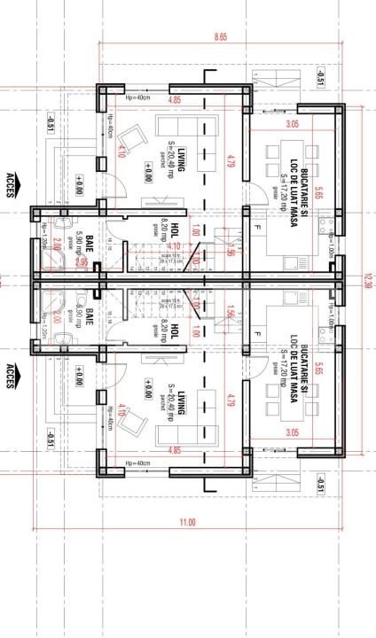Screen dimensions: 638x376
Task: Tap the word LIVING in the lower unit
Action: click(x=180, y=401)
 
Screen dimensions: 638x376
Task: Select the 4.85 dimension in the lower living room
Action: click(x=176, y=450)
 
